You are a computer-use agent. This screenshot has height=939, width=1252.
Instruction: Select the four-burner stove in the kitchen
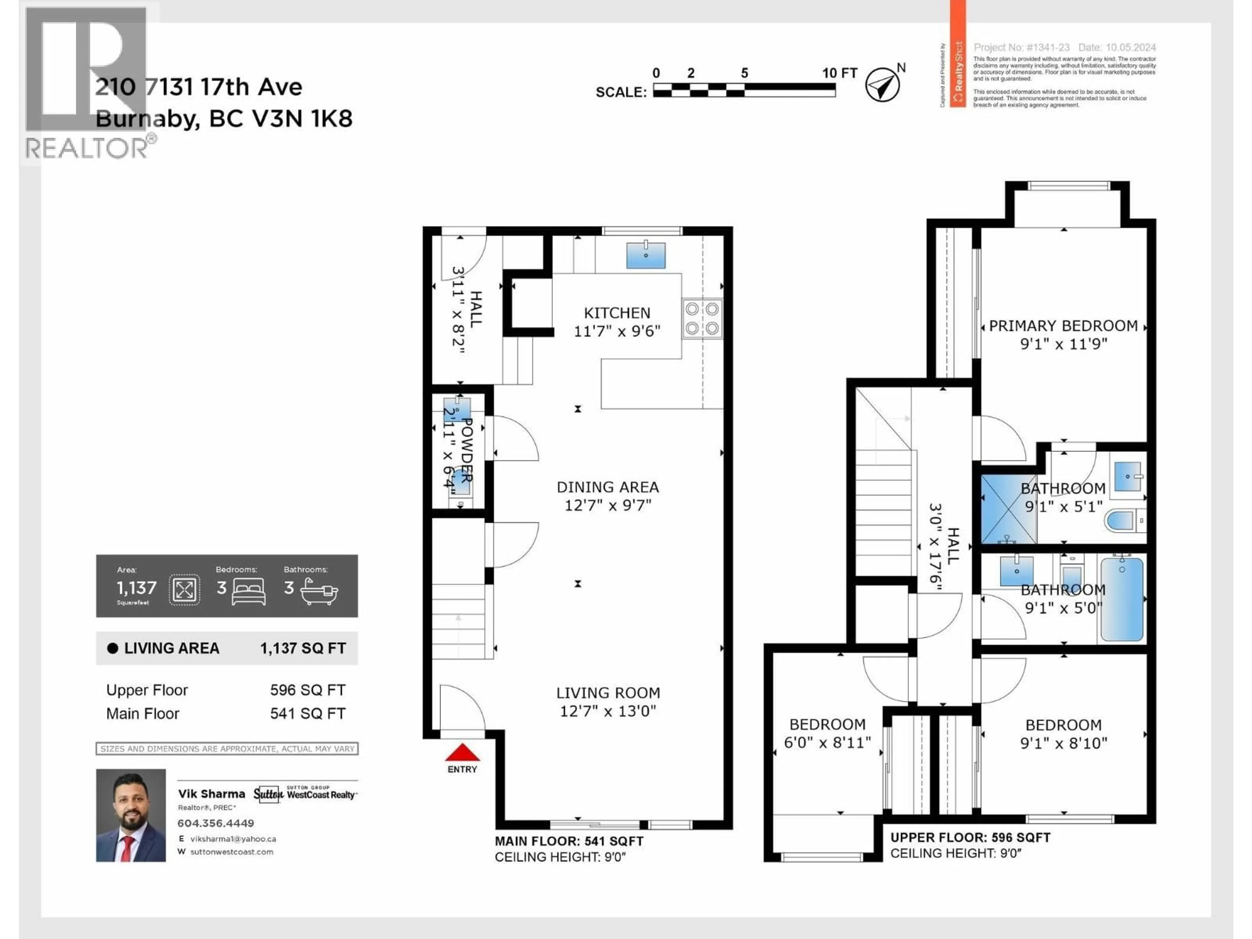coord(702,318)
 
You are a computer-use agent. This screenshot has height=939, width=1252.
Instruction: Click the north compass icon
coord(882,85)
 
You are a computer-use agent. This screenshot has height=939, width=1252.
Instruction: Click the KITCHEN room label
coord(617,313)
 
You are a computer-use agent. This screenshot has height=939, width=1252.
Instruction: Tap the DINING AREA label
coord(607,487)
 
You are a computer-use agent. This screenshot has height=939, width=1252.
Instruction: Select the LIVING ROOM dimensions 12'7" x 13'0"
coord(608,711)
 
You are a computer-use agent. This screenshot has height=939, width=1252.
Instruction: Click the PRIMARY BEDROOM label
coord(1063,326)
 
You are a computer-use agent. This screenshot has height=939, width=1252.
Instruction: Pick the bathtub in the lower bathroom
coord(1121,599)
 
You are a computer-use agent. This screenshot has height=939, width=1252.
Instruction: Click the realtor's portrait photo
coord(131,815)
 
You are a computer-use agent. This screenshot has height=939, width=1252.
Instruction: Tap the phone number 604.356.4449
coord(216,823)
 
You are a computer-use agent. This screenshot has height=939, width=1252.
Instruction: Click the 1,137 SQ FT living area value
coord(303,648)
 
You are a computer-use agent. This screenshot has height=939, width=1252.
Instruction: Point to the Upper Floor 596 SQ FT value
coord(307,690)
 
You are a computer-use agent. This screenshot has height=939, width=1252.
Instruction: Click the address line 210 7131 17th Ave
coord(199,87)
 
